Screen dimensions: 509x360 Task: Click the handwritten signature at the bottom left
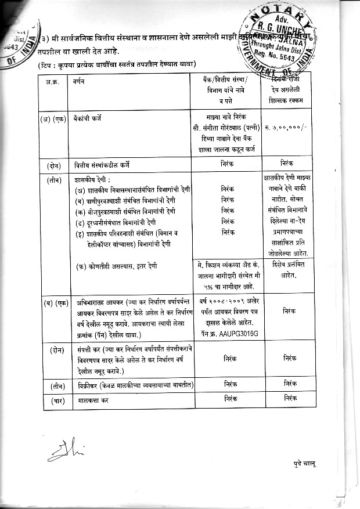coord(59,449)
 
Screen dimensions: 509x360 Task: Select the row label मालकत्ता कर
coord(92,400)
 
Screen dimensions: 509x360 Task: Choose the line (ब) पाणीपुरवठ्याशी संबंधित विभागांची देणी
coord(130,200)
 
